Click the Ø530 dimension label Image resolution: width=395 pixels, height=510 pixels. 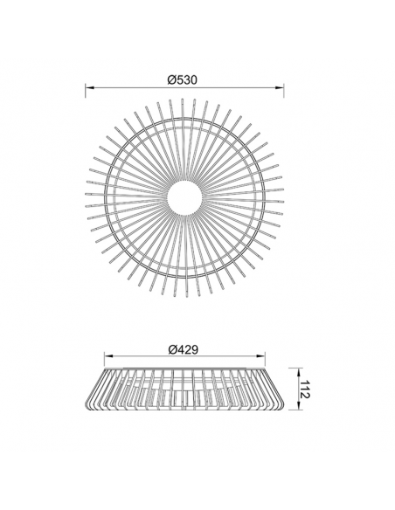[183, 79]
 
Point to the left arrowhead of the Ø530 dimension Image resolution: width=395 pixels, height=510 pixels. [87, 87]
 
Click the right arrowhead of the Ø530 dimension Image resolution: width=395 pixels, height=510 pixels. [281, 87]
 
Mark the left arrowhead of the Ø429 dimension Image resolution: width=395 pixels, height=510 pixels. [107, 356]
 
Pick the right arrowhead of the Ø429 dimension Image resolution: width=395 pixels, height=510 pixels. [262, 356]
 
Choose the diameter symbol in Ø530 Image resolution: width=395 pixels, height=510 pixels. [170, 79]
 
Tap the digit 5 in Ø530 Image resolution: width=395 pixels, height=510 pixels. [178, 79]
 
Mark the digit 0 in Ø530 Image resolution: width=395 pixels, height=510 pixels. [196, 79]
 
